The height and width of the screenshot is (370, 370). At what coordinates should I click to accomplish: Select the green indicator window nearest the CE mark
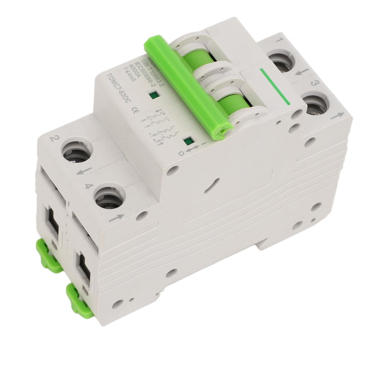(x=152, y=96)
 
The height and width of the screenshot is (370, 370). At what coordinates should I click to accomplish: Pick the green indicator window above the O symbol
(x=187, y=142)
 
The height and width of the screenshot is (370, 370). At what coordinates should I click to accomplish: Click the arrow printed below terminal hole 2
(x=82, y=172)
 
